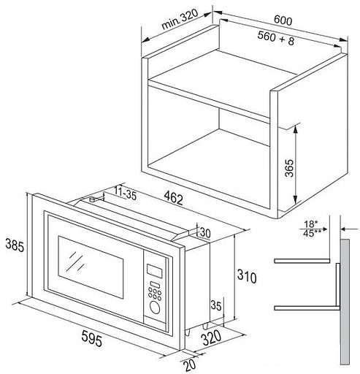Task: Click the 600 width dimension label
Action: (283, 20)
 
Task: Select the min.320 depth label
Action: (180, 19)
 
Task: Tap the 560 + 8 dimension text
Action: (276, 38)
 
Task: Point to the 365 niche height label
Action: (289, 168)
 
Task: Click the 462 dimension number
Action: (174, 198)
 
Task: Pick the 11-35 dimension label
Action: (125, 193)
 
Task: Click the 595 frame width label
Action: (91, 338)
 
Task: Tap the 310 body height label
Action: (247, 276)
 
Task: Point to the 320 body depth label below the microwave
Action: (211, 337)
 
